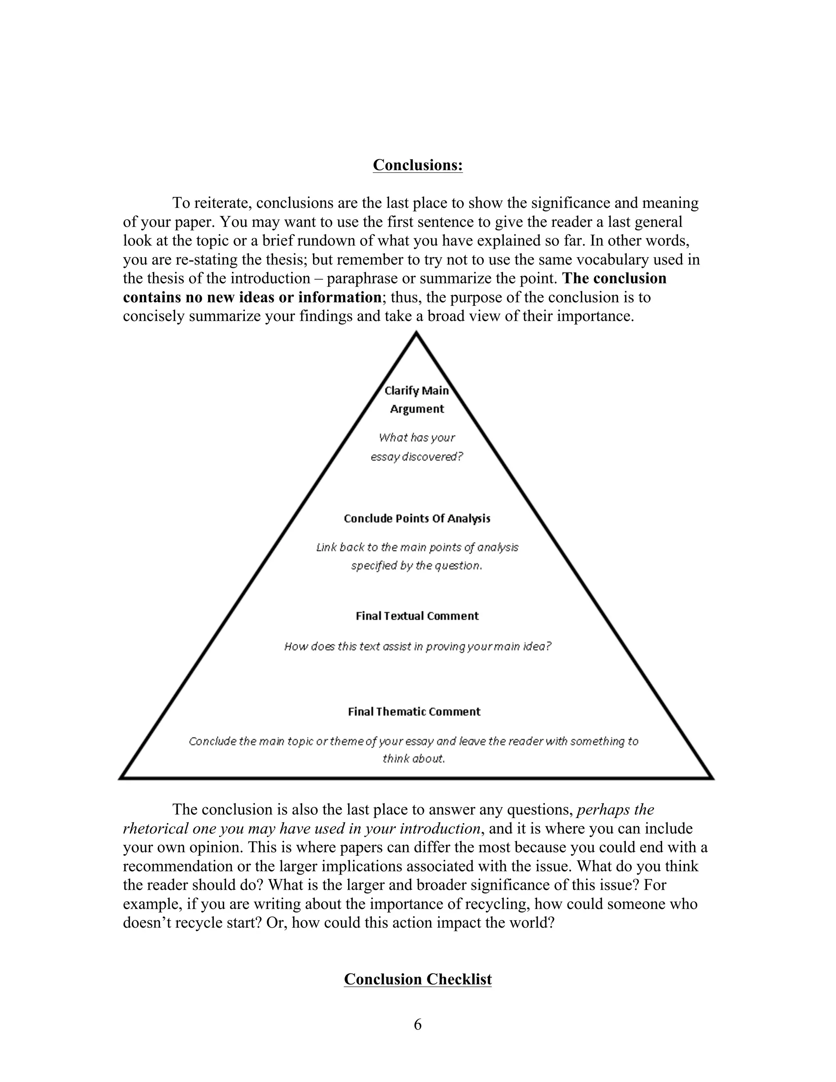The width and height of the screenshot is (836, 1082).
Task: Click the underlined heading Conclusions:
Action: (x=418, y=165)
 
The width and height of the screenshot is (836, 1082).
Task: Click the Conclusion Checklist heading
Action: (x=418, y=980)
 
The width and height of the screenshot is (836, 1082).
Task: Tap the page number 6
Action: (x=418, y=1024)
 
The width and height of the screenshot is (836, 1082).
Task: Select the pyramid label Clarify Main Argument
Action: (x=416, y=399)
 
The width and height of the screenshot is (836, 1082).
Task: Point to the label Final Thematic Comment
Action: (x=414, y=711)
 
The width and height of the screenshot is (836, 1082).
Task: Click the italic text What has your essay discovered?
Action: (x=416, y=447)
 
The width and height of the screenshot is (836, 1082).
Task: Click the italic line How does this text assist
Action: (x=417, y=646)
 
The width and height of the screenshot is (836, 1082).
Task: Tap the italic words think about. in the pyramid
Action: (x=414, y=759)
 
